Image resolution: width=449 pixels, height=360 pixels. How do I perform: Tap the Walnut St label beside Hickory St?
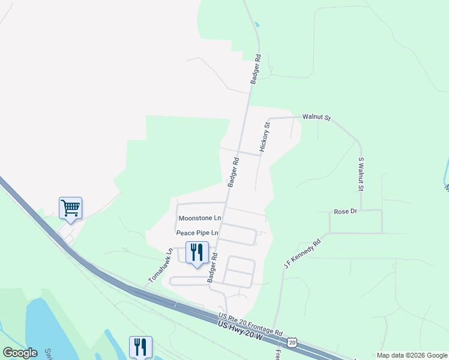click(316, 118)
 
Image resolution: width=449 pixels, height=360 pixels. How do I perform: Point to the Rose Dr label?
click(345, 212)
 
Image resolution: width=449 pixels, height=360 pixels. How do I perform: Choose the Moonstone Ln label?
click(200, 217)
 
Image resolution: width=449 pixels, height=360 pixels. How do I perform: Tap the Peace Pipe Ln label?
click(197, 232)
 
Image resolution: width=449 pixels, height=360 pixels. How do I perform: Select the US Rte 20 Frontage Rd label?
click(250, 323)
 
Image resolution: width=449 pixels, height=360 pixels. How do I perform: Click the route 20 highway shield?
click(292, 341)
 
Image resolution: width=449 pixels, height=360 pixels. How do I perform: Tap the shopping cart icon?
click(70, 208)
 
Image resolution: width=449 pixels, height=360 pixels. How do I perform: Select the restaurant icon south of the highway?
click(140, 347)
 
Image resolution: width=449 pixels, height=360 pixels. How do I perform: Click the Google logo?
click(20, 353)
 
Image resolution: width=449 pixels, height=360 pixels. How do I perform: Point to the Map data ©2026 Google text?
click(412, 355)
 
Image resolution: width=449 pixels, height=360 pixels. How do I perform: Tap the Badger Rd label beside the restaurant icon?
click(212, 268)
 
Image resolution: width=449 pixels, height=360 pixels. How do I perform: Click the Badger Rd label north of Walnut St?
click(256, 69)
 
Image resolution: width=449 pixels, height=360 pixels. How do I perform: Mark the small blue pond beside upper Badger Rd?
click(258, 25)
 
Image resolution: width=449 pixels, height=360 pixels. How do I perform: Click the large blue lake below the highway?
click(48, 324)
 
